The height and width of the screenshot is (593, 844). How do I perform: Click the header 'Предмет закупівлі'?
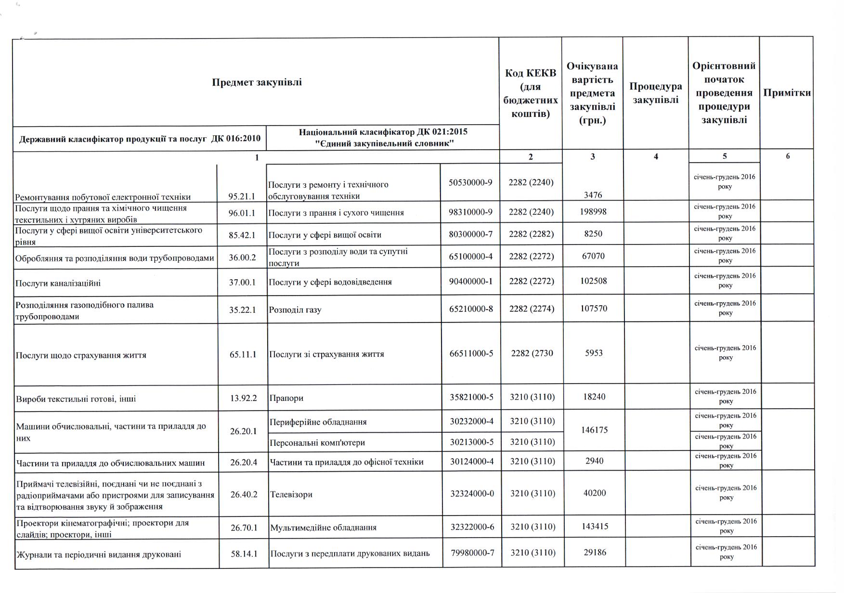[257, 82]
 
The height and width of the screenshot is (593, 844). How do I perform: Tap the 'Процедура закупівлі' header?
[655, 93]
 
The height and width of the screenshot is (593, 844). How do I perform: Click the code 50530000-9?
[470, 182]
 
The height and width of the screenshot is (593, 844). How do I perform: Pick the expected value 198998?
[593, 212]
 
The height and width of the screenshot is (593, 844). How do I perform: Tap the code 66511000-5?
[471, 354]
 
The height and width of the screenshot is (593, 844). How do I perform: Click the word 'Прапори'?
[286, 399]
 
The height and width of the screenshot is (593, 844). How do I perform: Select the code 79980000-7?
[472, 553]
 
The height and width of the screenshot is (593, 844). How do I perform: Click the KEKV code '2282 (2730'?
[532, 353]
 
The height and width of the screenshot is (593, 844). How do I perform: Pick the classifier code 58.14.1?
[244, 554]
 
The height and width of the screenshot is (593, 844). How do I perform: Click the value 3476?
[593, 195]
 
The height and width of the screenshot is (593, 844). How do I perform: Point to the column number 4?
[656, 156]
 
